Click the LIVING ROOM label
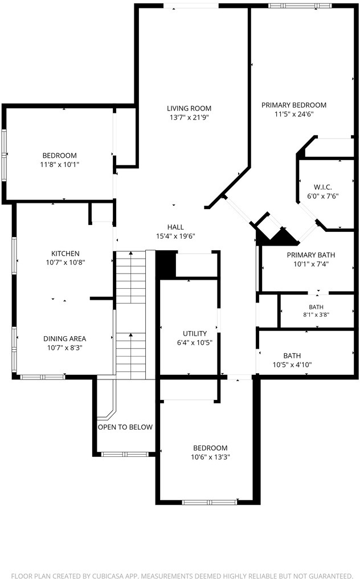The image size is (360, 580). [189, 108]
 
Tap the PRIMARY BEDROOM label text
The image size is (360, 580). [294, 105]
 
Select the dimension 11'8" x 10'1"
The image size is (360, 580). [60, 164]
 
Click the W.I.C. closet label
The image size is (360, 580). [322, 187]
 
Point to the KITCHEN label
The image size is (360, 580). [65, 254]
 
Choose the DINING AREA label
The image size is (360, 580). [65, 338]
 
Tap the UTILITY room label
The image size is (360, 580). [195, 334]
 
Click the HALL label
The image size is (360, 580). [175, 227]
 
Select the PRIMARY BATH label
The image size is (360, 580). [311, 255]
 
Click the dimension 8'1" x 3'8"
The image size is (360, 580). [316, 314]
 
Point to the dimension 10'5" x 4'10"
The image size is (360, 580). [292, 365]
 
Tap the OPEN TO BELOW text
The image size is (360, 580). [125, 427]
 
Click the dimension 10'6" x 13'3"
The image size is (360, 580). [210, 457]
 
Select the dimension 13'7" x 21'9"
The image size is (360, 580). [189, 117]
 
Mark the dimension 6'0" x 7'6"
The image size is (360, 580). [322, 196]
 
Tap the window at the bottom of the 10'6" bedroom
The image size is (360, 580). [210, 502]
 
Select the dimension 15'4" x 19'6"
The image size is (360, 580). [175, 236]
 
